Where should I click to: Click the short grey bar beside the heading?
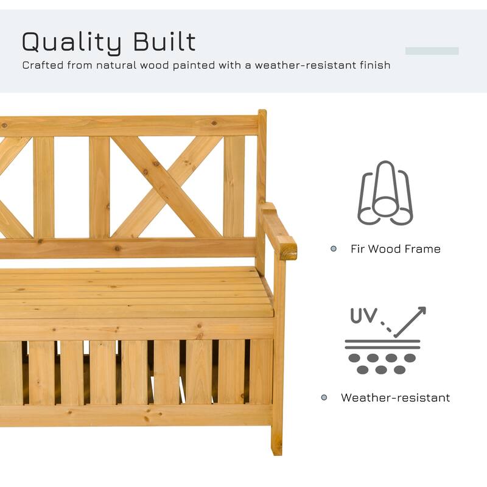[432, 51]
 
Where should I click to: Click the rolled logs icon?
[385, 193]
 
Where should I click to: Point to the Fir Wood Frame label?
[395, 249]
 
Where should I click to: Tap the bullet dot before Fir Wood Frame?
[334, 249]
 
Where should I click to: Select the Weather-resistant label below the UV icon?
[395, 398]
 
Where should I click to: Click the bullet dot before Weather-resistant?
[324, 398]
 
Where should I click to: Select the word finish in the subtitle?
[374, 65]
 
